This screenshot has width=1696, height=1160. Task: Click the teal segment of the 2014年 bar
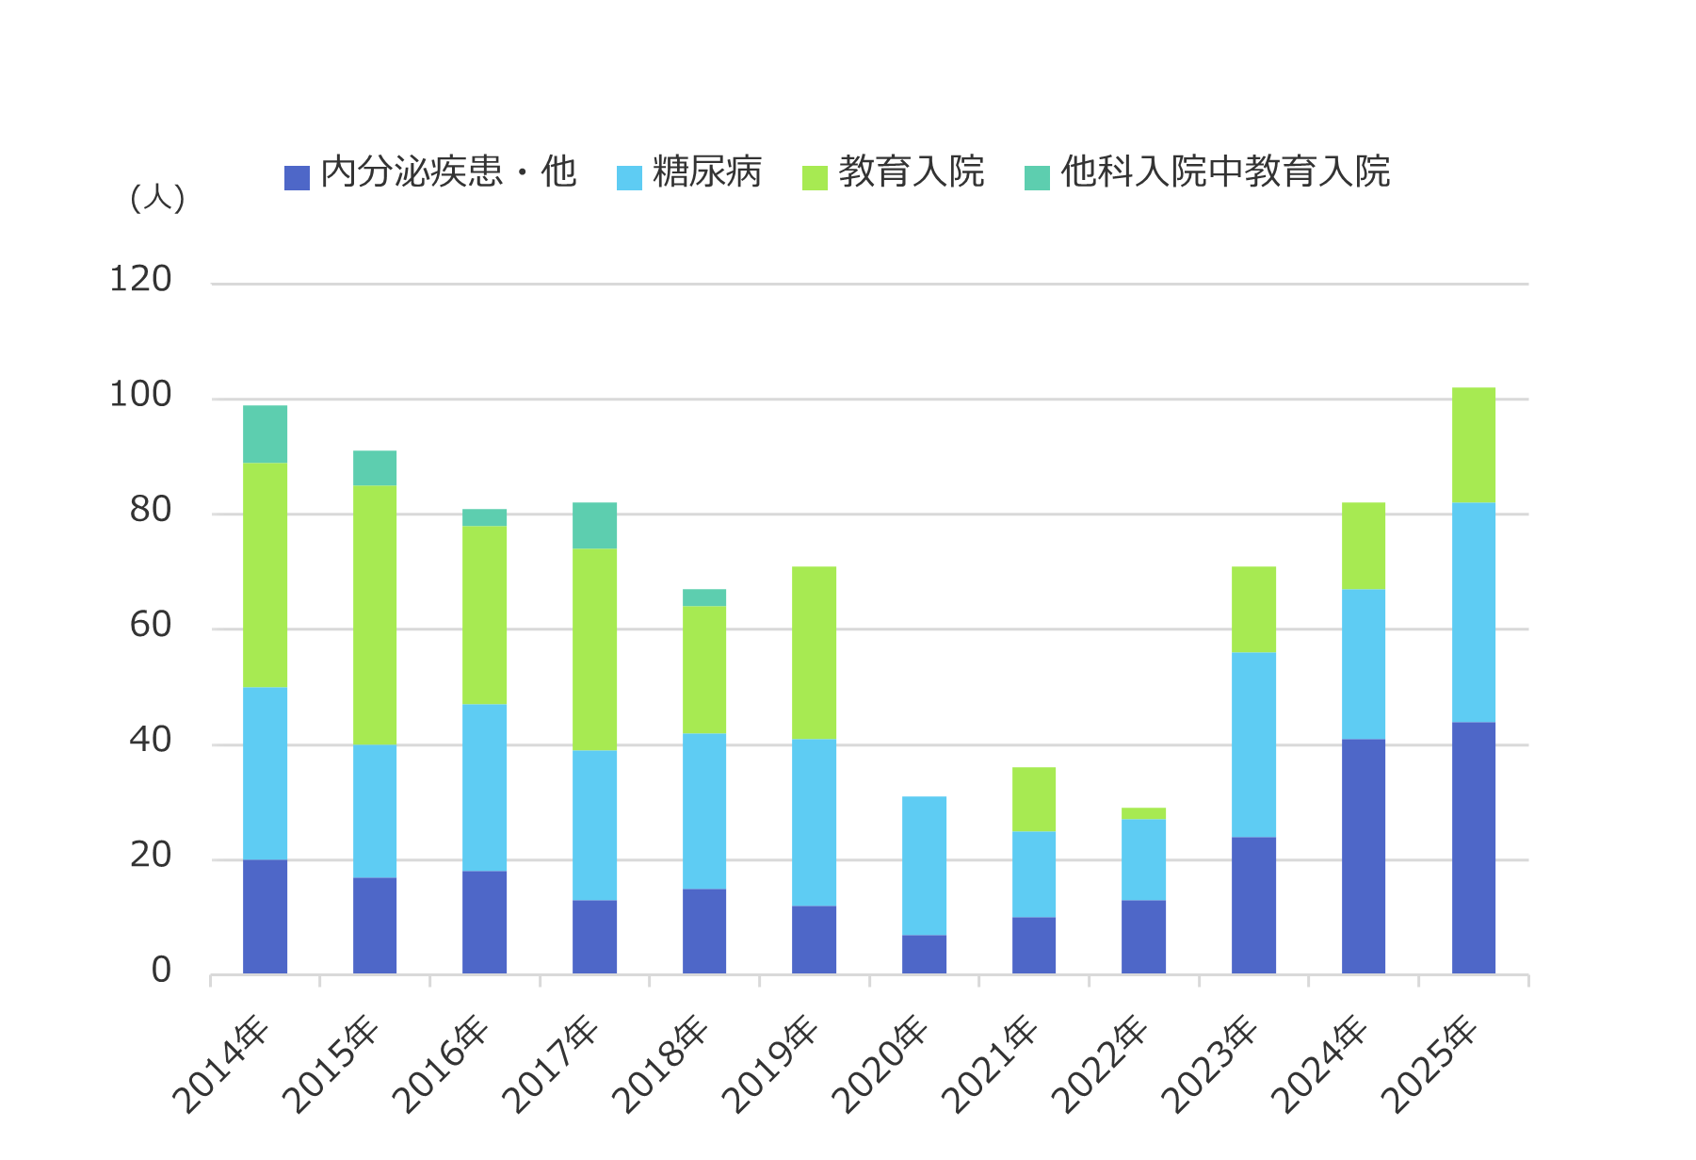point(265,434)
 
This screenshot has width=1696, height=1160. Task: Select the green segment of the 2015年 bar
point(375,614)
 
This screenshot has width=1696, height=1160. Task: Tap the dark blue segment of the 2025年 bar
point(1473,848)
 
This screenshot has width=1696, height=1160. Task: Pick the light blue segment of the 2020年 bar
point(924,866)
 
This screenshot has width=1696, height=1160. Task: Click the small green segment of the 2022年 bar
point(1143,814)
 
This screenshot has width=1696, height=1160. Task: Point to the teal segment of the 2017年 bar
point(594,526)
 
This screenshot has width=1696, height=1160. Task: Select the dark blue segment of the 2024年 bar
point(1363,857)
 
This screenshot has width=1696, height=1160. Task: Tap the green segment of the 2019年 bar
point(814,653)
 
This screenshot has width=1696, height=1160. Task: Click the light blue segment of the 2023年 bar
point(1253,744)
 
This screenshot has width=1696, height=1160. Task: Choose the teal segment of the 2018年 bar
point(704,597)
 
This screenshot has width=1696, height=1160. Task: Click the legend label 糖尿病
point(706,172)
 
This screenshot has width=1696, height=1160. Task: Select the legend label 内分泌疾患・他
point(447,172)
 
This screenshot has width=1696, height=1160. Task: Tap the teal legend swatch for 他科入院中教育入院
point(1037,177)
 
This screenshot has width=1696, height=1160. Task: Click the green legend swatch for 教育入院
point(815,177)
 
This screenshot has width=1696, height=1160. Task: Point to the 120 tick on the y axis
point(140,280)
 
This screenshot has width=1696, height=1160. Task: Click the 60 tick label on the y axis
point(151,626)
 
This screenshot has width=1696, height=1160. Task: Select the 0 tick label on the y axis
point(161,971)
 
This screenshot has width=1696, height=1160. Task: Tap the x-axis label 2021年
point(991,1065)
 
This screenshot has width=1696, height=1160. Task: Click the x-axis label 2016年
point(441,1065)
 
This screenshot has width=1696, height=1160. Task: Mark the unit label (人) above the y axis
point(157,198)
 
